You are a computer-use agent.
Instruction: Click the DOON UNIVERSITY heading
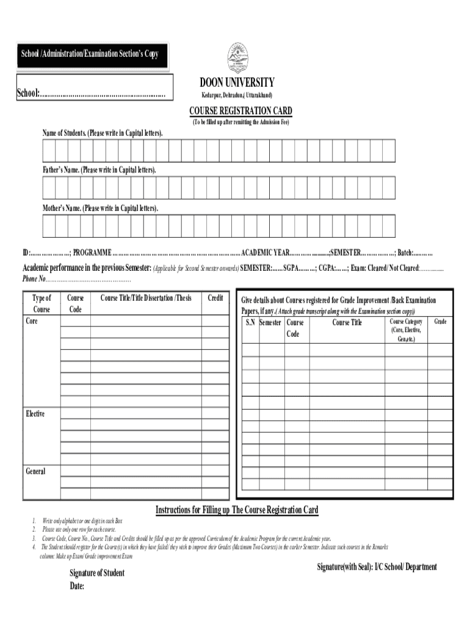click(237, 83)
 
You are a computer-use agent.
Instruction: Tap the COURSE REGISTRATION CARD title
click(240, 111)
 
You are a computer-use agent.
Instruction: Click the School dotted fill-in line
click(104, 94)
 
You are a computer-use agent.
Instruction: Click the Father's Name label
click(99, 169)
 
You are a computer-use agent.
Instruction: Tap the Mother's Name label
click(100, 208)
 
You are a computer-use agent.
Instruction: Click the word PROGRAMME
click(92, 253)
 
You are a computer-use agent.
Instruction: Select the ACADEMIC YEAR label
click(266, 253)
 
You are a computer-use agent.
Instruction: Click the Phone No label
click(34, 279)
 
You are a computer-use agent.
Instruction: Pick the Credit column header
click(215, 298)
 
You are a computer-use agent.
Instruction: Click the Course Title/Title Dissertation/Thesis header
click(146, 298)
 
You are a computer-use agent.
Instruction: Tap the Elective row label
click(35, 414)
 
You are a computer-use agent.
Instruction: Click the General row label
click(35, 471)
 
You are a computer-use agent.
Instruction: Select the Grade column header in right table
click(440, 321)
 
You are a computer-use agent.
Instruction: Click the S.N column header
click(250, 322)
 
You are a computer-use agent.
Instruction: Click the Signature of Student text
click(96, 573)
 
